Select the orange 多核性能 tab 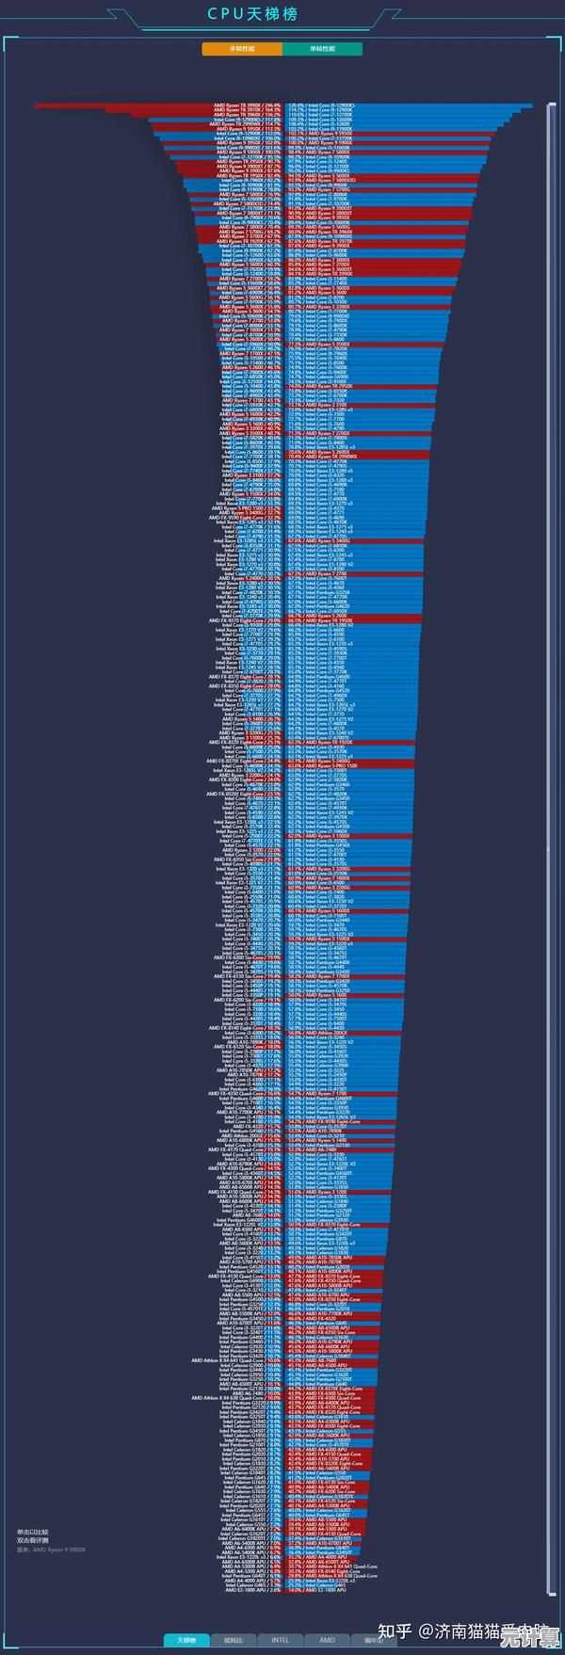[x=242, y=49]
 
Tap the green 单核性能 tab [x=322, y=49]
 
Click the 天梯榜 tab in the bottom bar [x=186, y=1640]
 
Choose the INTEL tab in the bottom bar [x=281, y=1640]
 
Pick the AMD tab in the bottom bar [x=327, y=1640]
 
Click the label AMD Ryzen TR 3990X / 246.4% [x=247, y=105]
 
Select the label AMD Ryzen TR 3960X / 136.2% [x=247, y=115]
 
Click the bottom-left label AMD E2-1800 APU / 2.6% [x=252, y=1590]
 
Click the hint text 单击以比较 [x=32, y=1532]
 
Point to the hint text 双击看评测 [x=32, y=1540]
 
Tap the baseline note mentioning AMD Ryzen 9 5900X [x=51, y=1550]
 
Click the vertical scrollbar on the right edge [x=551, y=847]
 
